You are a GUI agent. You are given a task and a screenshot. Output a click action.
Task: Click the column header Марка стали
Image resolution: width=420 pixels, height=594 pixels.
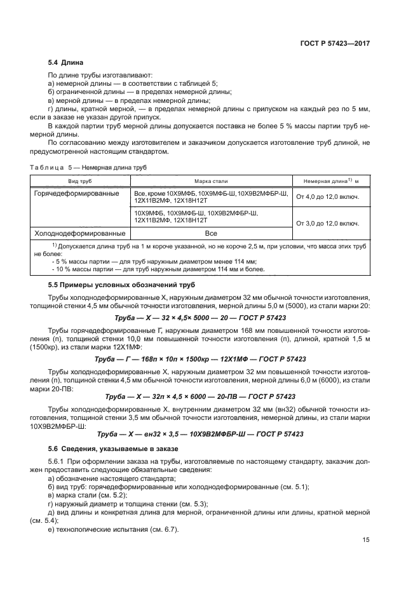click(210, 181)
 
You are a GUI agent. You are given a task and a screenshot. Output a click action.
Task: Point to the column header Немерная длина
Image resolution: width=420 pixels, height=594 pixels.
click(327, 181)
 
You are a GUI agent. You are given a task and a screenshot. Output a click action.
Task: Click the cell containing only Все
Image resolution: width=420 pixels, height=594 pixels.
click(210, 233)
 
